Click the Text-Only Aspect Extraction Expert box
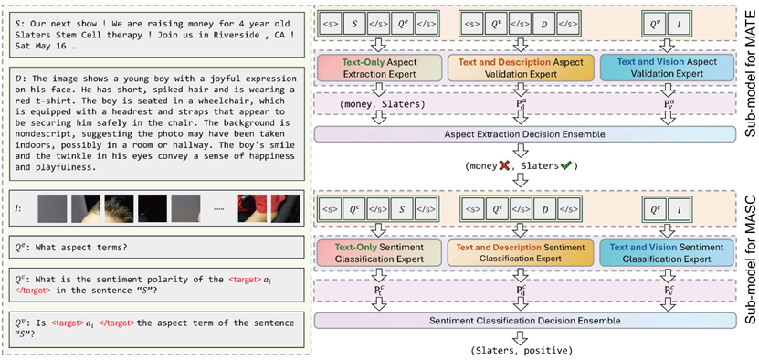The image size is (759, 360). (380, 68)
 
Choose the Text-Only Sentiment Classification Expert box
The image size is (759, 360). (380, 253)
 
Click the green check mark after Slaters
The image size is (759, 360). (564, 164)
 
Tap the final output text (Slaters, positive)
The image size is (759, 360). (521, 350)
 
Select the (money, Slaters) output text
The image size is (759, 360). (379, 105)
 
